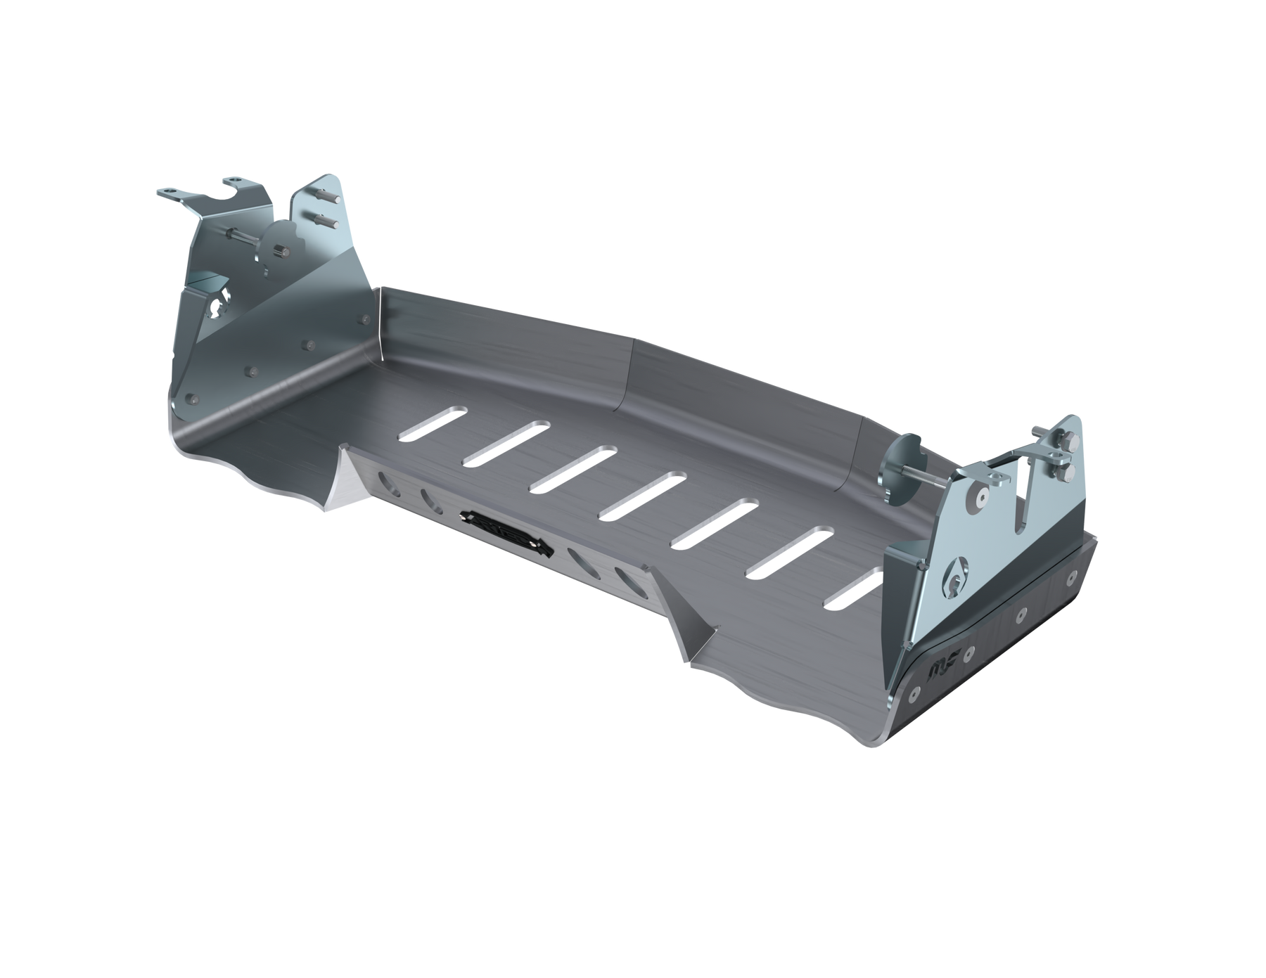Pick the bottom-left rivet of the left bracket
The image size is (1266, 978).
pyautogui.click(x=190, y=399)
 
